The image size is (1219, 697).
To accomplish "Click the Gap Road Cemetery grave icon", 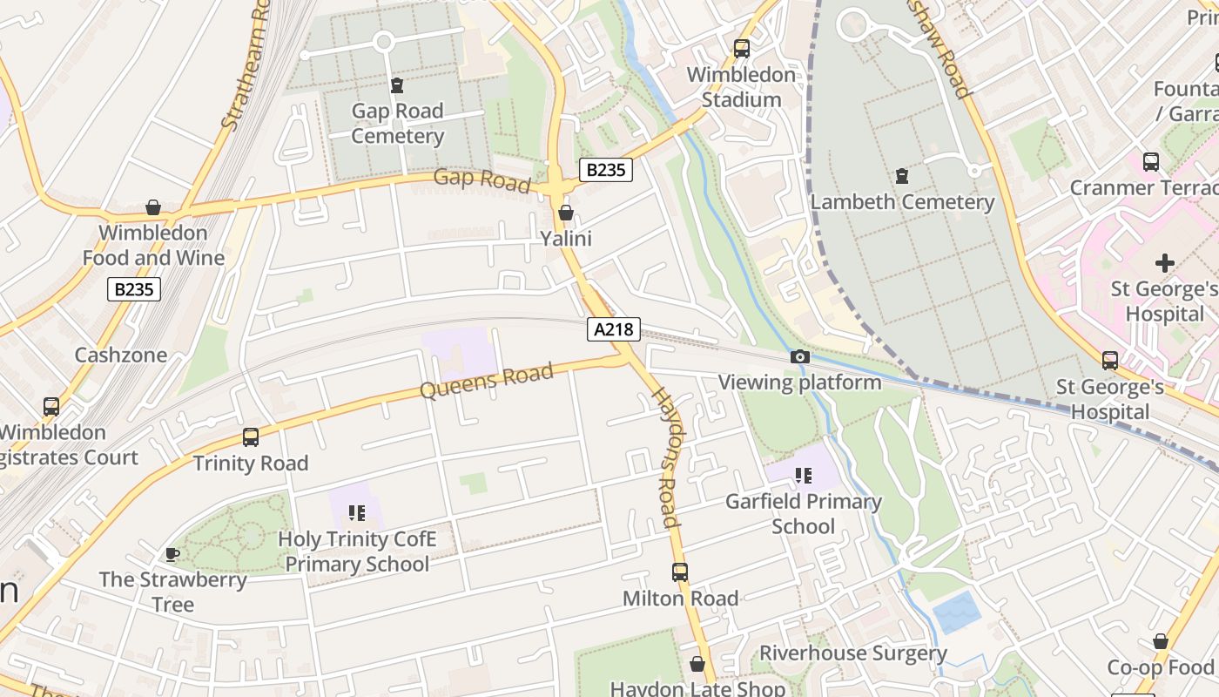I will click(397, 85).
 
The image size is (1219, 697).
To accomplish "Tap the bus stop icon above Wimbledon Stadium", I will click(742, 49).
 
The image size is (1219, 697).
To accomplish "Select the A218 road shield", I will click(614, 328).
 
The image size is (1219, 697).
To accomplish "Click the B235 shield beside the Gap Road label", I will click(606, 169).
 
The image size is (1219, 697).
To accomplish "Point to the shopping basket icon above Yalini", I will click(566, 213).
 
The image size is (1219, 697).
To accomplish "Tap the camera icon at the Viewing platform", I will click(799, 356).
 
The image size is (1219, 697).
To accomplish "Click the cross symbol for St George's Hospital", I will click(1165, 262).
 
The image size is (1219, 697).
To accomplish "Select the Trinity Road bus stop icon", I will click(251, 437).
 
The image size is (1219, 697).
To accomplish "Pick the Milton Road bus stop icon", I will click(680, 572).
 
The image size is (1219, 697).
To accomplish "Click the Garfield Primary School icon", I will click(803, 476).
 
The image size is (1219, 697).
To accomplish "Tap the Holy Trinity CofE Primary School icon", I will click(356, 512).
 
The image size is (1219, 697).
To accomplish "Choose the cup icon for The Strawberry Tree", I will click(172, 554).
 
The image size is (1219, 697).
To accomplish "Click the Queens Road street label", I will click(487, 381).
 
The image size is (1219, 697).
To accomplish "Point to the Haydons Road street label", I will click(666, 457).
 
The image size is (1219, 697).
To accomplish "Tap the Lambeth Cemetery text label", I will click(902, 202).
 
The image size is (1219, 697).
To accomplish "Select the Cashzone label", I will click(120, 355).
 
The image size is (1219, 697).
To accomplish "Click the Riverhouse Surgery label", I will click(853, 653).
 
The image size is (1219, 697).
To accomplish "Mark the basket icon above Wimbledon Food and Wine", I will click(153, 207).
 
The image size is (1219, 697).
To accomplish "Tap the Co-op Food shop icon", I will click(1161, 641).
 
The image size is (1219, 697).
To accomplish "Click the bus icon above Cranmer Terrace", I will click(1151, 161).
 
